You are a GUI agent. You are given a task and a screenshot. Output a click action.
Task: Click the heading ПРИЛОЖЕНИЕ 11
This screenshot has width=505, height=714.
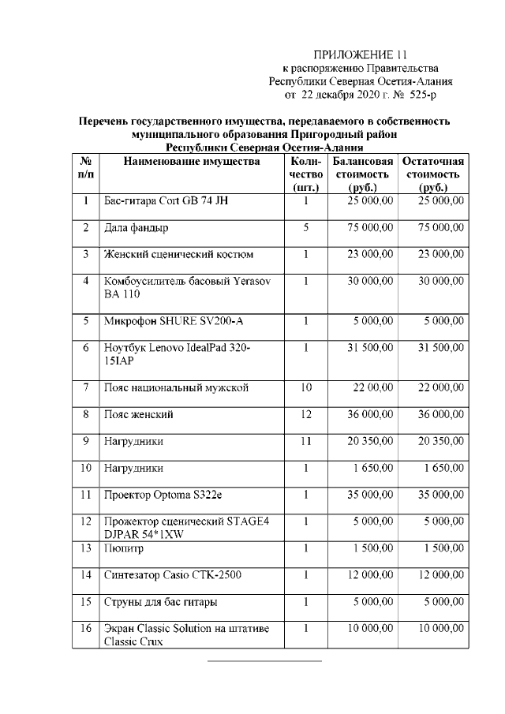(x=361, y=54)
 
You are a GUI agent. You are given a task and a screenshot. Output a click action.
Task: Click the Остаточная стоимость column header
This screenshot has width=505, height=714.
(x=433, y=174)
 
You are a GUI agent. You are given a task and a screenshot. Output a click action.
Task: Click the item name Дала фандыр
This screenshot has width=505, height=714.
(x=137, y=228)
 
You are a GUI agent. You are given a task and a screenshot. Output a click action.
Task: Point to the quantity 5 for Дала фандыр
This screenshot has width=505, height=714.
(x=305, y=227)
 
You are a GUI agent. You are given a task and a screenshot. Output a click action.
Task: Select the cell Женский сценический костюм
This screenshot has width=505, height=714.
(x=179, y=255)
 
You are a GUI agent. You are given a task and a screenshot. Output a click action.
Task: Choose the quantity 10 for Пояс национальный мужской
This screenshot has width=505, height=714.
(x=305, y=387)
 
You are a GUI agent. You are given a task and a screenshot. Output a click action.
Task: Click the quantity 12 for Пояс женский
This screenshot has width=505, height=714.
(x=305, y=414)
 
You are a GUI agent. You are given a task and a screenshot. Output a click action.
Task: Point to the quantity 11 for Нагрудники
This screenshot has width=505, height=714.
(x=305, y=441)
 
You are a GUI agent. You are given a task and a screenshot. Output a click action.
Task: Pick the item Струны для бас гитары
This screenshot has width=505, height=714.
(x=161, y=602)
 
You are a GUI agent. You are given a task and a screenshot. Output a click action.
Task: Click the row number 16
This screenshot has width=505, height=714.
(x=84, y=629)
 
